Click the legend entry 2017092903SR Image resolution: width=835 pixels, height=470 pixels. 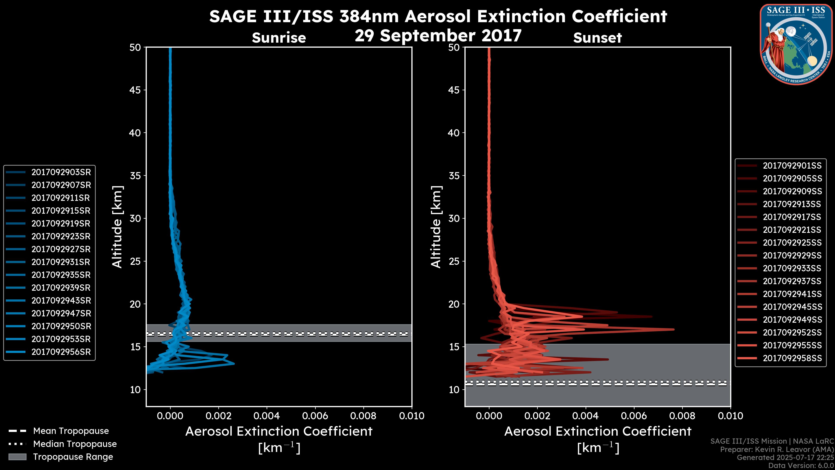(61, 172)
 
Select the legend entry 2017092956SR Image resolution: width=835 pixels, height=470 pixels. (61, 352)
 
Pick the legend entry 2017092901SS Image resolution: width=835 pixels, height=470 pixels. (792, 166)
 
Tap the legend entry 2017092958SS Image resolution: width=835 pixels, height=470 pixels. (792, 358)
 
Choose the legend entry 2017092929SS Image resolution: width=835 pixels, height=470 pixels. (792, 256)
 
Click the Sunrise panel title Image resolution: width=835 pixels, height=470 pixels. (279, 38)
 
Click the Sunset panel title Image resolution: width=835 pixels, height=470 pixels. (597, 38)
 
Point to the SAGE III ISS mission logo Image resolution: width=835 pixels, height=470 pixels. (795, 44)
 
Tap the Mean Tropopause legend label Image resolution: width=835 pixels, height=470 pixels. (71, 431)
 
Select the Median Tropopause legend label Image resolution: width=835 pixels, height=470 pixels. (75, 444)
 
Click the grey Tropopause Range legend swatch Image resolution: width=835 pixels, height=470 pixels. (17, 457)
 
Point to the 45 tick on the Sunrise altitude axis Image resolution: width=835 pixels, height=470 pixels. (135, 90)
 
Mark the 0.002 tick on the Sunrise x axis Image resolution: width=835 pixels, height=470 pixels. (219, 416)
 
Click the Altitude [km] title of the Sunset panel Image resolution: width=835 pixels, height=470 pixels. (436, 227)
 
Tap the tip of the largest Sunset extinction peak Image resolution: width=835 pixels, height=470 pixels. (674, 330)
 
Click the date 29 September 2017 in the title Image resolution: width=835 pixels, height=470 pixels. (438, 36)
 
